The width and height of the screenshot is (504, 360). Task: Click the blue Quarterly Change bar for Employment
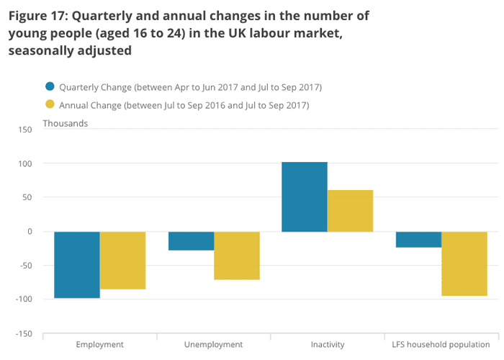click(77, 264)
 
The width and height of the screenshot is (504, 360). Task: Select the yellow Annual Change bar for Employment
click(123, 260)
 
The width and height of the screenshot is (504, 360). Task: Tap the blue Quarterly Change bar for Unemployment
click(191, 240)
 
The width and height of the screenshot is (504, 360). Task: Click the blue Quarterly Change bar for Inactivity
click(305, 197)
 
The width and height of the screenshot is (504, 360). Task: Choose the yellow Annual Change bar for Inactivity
click(351, 210)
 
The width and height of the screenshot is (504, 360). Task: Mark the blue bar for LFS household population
click(418, 239)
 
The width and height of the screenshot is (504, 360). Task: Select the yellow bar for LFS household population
click(464, 264)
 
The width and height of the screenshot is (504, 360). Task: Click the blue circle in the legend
click(49, 87)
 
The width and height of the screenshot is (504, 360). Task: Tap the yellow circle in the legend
click(49, 105)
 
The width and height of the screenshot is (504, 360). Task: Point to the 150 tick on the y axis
click(25, 130)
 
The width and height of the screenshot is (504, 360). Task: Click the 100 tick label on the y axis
click(25, 163)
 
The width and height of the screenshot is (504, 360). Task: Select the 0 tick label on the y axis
click(30, 231)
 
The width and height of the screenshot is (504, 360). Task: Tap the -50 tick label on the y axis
click(25, 266)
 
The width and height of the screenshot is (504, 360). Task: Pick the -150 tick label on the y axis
click(23, 334)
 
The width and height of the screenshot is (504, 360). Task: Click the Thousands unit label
click(66, 123)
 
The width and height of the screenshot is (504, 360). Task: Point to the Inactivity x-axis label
click(327, 345)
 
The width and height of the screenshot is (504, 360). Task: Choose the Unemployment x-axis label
click(214, 345)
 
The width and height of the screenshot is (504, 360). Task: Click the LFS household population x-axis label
click(441, 345)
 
